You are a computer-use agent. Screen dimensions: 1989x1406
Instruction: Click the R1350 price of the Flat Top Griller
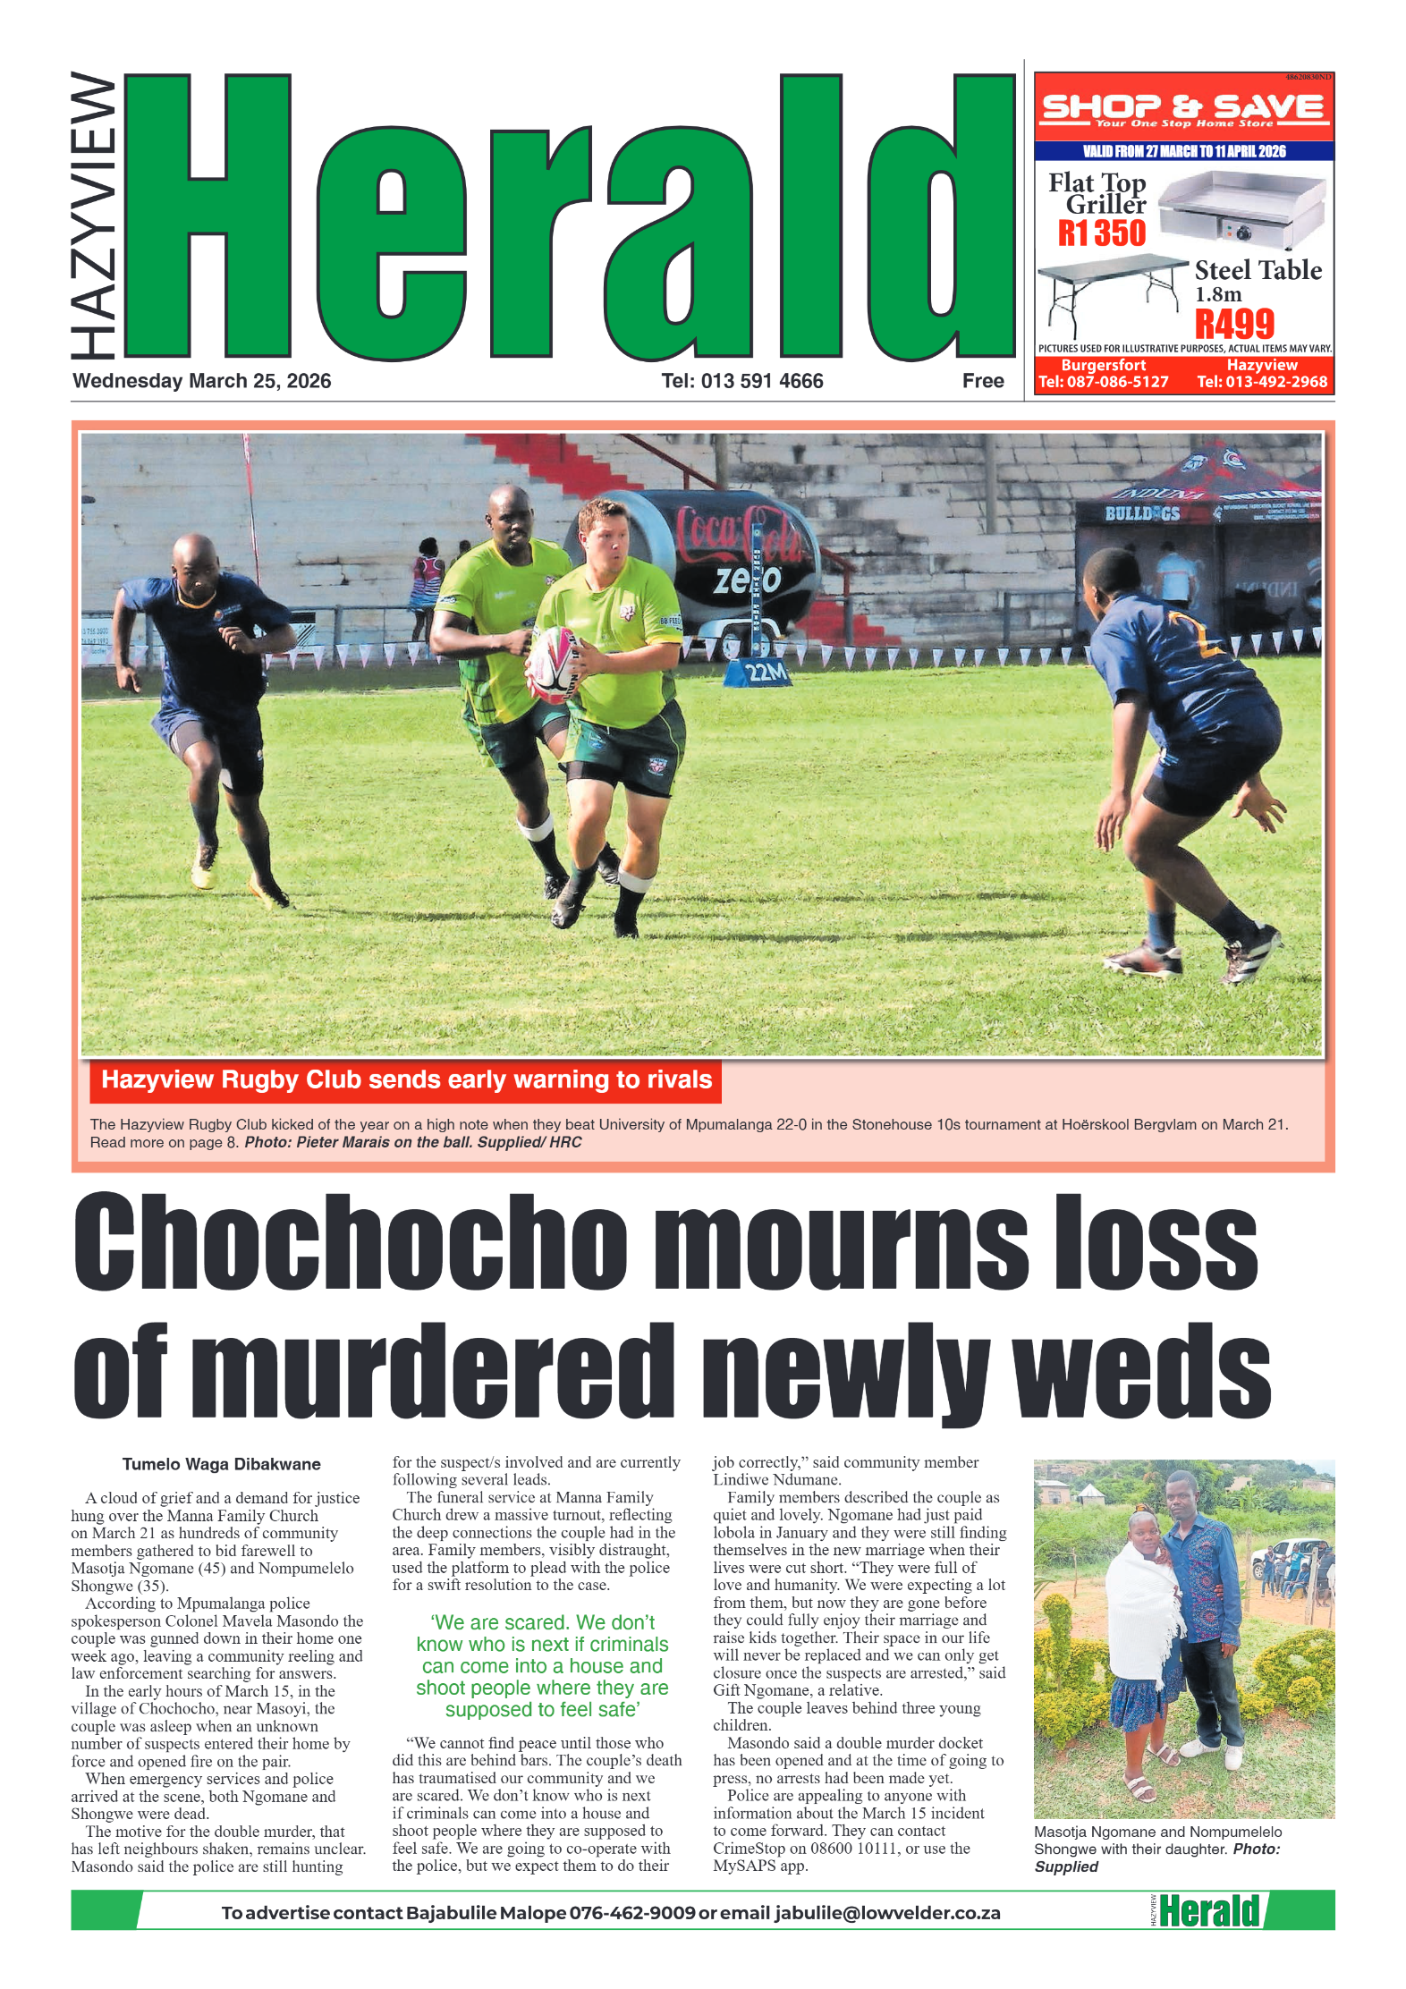(x=1101, y=233)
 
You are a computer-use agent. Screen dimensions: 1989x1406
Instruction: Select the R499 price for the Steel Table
(x=1234, y=324)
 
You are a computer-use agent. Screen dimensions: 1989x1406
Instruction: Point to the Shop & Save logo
(x=1183, y=109)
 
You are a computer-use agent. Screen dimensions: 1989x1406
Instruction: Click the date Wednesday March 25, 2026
(x=201, y=381)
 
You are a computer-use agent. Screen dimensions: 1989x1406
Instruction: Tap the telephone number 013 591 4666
(x=761, y=381)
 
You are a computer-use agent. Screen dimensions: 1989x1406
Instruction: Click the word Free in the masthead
(x=983, y=381)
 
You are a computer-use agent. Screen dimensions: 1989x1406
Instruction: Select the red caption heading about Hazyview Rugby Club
(x=406, y=1079)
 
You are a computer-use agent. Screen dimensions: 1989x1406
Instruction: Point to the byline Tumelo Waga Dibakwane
(x=221, y=1464)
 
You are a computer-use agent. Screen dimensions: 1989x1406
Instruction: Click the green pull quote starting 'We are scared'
(x=542, y=1665)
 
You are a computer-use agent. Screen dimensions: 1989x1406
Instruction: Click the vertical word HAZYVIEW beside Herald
(x=93, y=215)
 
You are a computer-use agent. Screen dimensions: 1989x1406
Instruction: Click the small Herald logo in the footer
(x=1207, y=1911)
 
